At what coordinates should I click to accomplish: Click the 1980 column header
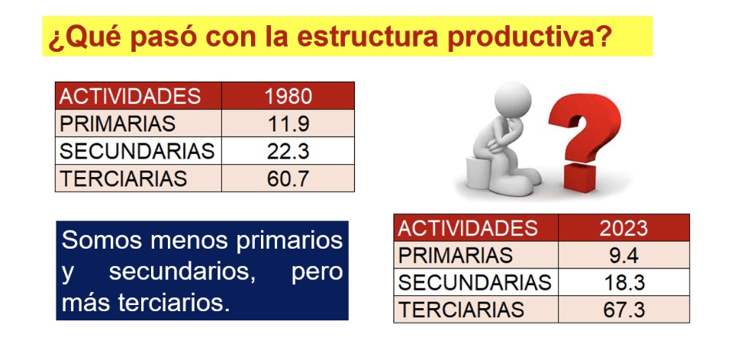click(x=288, y=96)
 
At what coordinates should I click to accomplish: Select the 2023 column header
click(x=623, y=228)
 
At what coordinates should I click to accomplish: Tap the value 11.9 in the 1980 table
click(x=288, y=124)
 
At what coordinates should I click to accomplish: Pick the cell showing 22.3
click(x=288, y=151)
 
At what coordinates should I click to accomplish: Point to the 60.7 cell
click(x=288, y=178)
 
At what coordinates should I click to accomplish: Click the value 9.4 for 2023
click(x=623, y=256)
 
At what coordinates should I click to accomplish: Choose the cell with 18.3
click(x=623, y=283)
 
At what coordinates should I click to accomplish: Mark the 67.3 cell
click(x=623, y=310)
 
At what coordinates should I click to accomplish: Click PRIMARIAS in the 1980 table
click(x=118, y=124)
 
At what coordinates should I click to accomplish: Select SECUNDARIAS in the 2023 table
click(x=475, y=283)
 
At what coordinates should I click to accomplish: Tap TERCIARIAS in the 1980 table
click(x=123, y=178)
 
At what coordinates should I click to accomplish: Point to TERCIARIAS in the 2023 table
click(x=461, y=310)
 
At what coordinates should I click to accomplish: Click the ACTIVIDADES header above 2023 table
click(x=467, y=228)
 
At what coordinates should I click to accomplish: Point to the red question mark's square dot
click(x=579, y=178)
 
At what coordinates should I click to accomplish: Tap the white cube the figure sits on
click(x=478, y=173)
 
